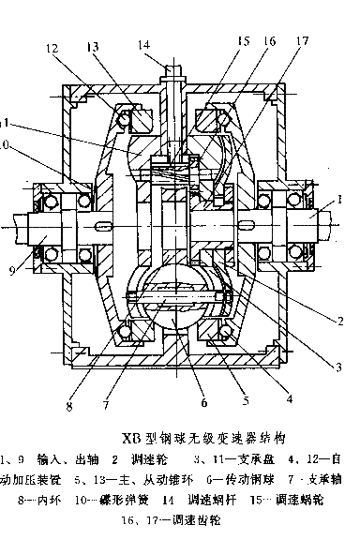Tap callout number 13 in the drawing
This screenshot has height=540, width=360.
(x=93, y=48)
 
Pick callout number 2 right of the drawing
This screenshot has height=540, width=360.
(x=342, y=320)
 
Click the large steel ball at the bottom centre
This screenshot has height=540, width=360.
(x=179, y=302)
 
